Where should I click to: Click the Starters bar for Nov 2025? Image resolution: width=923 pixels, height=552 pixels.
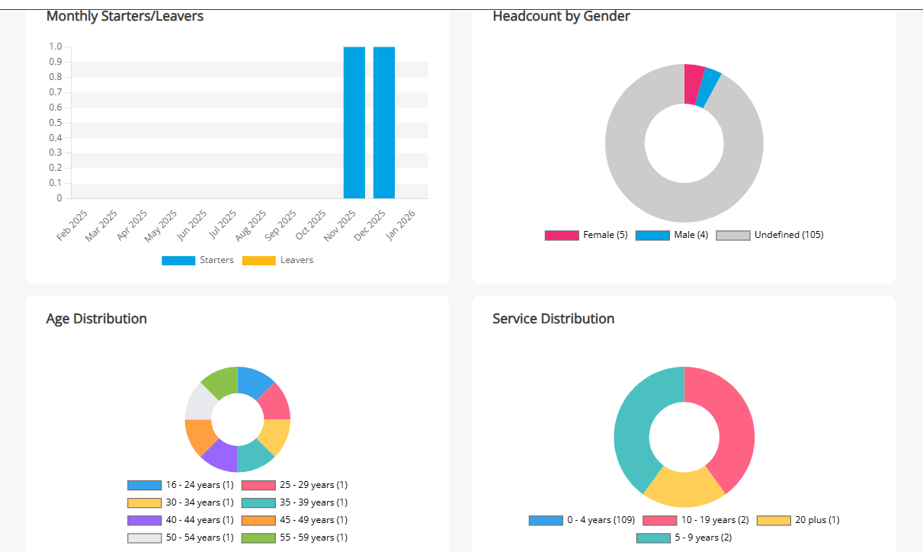[x=354, y=122]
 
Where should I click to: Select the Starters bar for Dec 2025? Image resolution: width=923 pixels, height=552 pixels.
[x=384, y=122]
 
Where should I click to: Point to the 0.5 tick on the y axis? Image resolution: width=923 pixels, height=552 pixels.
[x=56, y=122]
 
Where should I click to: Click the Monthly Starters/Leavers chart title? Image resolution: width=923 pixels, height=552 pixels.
[x=125, y=15]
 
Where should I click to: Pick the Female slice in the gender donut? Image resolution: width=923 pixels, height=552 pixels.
[x=694, y=83]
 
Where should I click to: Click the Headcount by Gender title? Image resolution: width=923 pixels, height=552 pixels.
[x=561, y=15]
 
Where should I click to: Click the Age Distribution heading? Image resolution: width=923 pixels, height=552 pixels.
[x=97, y=319]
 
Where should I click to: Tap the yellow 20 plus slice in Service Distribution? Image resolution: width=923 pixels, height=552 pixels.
[x=684, y=489]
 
